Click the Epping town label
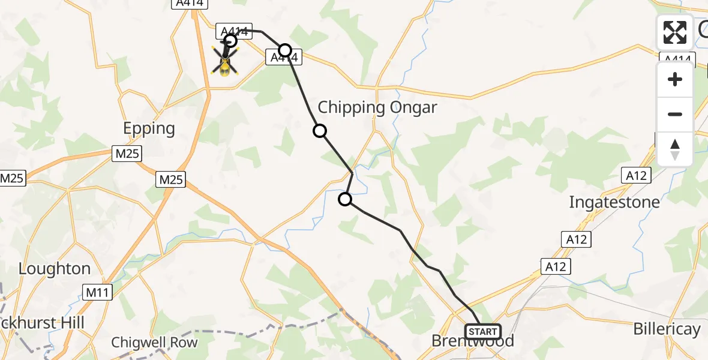[x=149, y=128]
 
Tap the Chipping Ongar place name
[x=377, y=108]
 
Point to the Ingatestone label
[x=614, y=202]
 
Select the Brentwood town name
[x=473, y=341]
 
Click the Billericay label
[x=667, y=329]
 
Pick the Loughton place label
[x=55, y=269]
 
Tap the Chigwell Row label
[x=154, y=343]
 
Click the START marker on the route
[x=482, y=331]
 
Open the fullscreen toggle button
[x=675, y=32]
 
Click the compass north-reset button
[x=675, y=149]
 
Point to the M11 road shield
[x=96, y=293]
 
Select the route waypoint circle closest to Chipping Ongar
[x=320, y=131]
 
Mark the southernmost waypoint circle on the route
[x=345, y=199]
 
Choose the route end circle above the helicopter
[x=230, y=41]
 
